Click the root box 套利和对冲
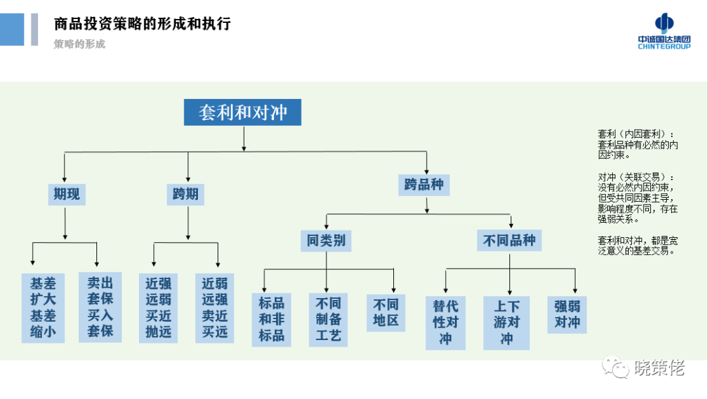click(243, 112)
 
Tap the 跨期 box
click(186, 194)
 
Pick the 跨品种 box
click(423, 185)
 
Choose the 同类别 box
click(326, 240)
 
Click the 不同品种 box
click(509, 240)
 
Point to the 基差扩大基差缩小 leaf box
click(43, 308)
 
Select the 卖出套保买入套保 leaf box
click(100, 307)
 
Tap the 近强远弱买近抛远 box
click(158, 308)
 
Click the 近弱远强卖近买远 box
click(215, 308)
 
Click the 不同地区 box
click(385, 313)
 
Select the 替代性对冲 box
click(446, 322)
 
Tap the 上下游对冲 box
click(507, 322)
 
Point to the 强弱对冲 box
click(567, 314)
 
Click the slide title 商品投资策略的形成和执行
click(142, 24)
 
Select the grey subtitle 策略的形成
click(79, 45)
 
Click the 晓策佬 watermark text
click(659, 369)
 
